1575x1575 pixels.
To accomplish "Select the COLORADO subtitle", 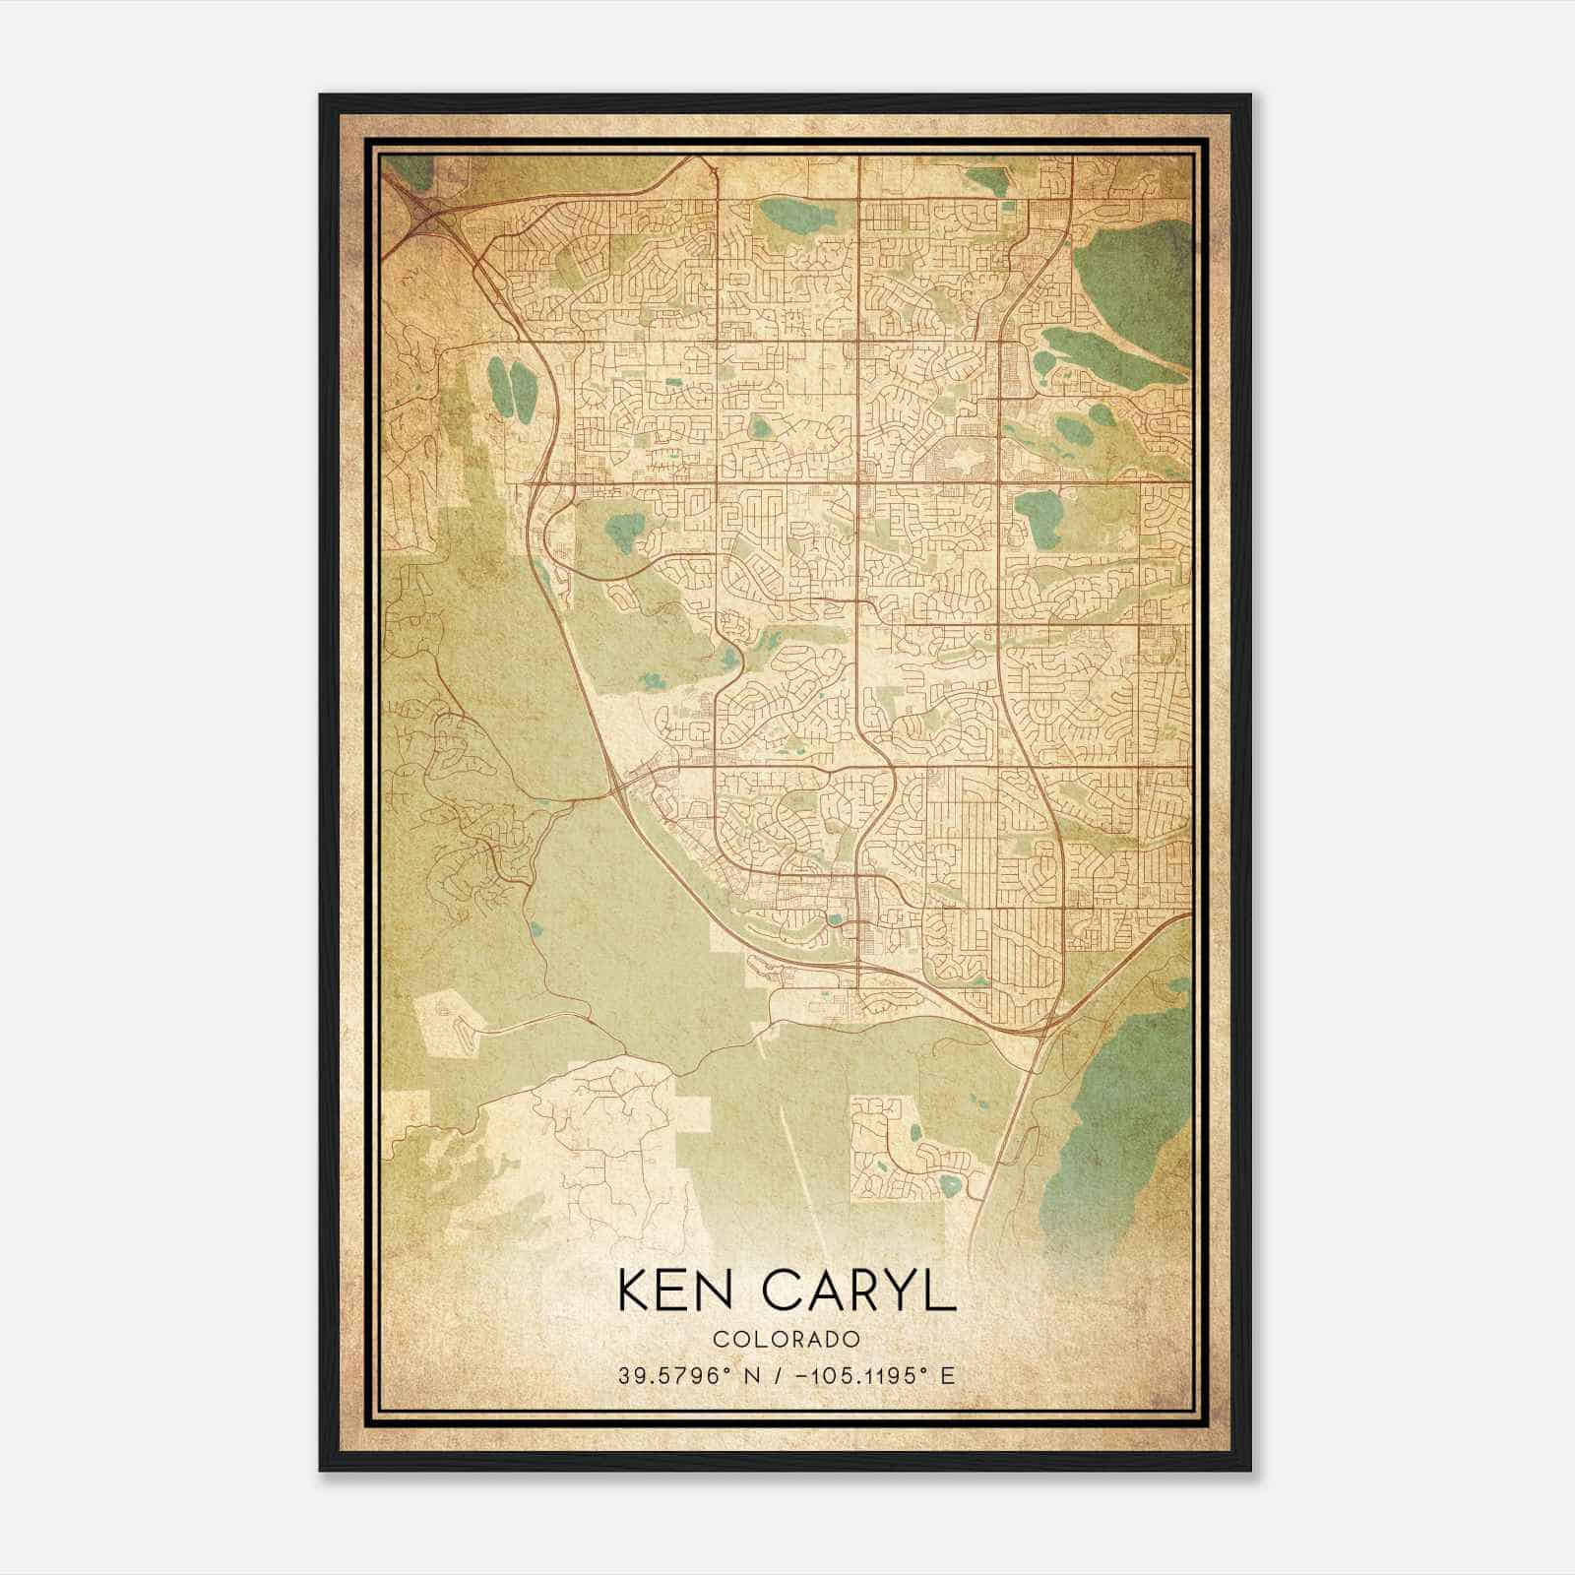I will [x=787, y=1339].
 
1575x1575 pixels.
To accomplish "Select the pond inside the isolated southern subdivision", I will [x=949, y=1185].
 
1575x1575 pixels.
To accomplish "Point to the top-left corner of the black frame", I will [x=321, y=95].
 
